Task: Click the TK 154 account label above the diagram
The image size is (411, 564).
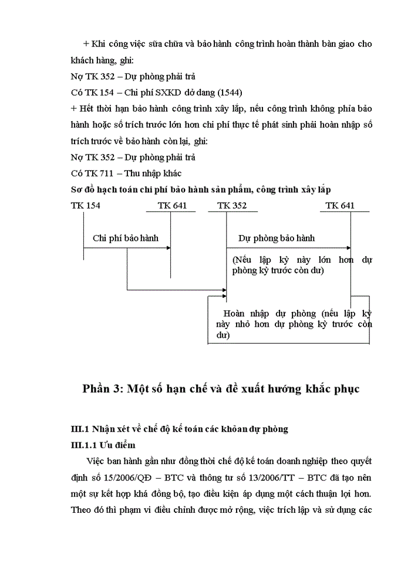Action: [x=85, y=206]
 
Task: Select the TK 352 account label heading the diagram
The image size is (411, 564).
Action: [x=232, y=206]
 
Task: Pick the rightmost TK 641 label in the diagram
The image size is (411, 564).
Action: [x=340, y=206]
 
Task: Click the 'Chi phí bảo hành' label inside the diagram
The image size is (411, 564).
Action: [x=126, y=238]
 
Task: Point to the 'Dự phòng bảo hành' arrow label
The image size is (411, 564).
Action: [x=277, y=238]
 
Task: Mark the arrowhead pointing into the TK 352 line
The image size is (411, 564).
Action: [x=224, y=289]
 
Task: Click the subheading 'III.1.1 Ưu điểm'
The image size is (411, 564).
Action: [x=102, y=445]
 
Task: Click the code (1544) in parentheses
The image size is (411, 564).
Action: [x=228, y=92]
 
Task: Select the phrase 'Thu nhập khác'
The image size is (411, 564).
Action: [x=154, y=173]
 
